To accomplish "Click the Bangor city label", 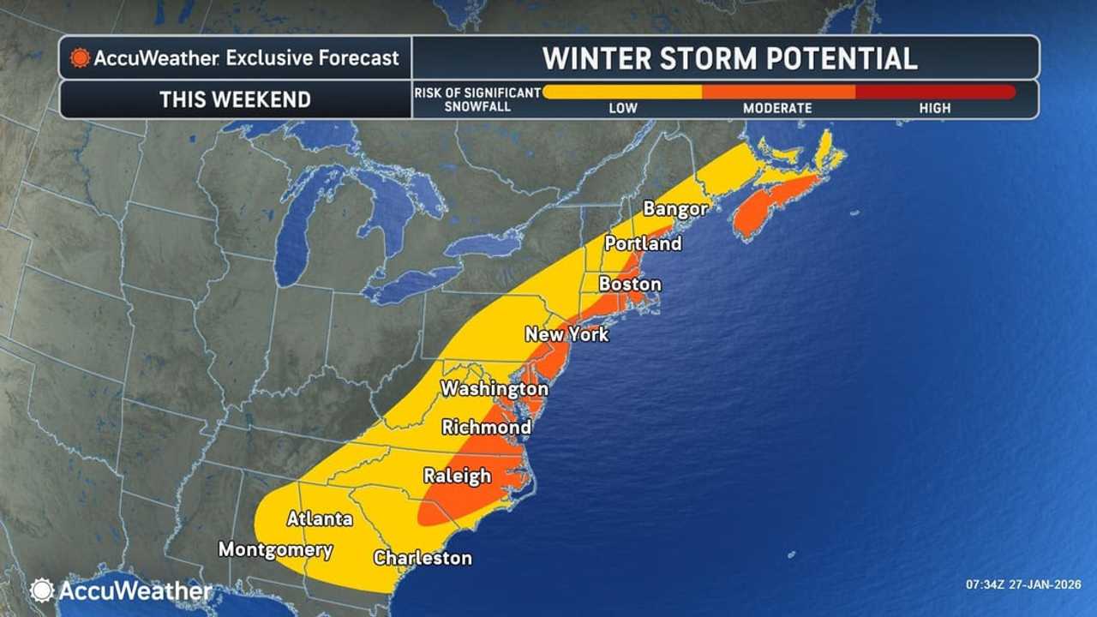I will pyautogui.click(x=675, y=208).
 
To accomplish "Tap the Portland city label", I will pyautogui.click(x=643, y=243).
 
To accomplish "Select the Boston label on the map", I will pyautogui.click(x=629, y=284).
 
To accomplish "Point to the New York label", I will pyautogui.click(x=566, y=334).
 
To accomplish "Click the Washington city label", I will pyautogui.click(x=494, y=389).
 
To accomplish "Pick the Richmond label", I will pyautogui.click(x=486, y=427).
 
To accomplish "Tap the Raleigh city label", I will pyautogui.click(x=458, y=476).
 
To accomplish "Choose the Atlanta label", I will pyautogui.click(x=320, y=518).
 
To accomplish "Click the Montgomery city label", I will pyautogui.click(x=275, y=549).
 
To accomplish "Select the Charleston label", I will pyautogui.click(x=423, y=558).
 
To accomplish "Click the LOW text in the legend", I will pyautogui.click(x=622, y=109).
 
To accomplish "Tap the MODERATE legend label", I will pyautogui.click(x=777, y=109).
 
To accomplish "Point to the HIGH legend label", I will pyautogui.click(x=935, y=109).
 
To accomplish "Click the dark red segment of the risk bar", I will pyautogui.click(x=935, y=92).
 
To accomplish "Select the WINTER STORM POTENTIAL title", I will pyautogui.click(x=729, y=58).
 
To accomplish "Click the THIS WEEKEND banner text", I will pyautogui.click(x=235, y=99).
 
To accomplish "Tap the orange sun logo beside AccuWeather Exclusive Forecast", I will pyautogui.click(x=81, y=58).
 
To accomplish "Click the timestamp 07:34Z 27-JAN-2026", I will pyautogui.click(x=1023, y=584).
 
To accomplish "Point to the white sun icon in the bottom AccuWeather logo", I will pyautogui.click(x=42, y=590).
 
